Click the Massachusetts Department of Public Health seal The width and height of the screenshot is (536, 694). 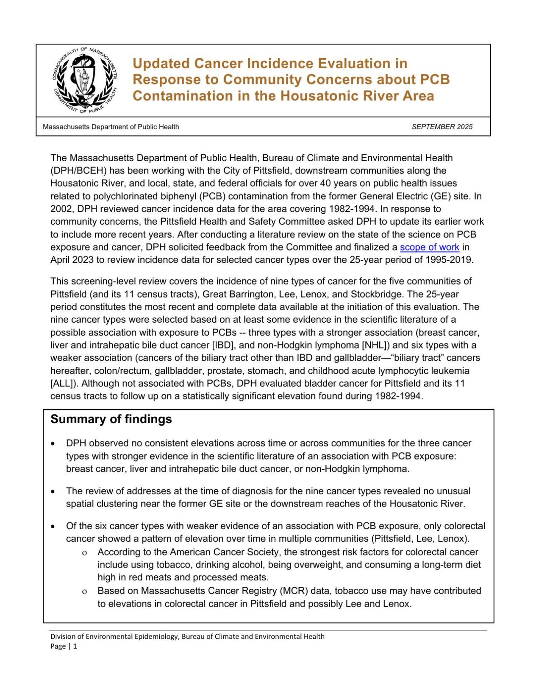click(84, 80)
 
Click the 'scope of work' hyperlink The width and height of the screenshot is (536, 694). click(429, 247)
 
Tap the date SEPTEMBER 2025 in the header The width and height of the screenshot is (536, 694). click(442, 127)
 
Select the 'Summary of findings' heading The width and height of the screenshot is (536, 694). click(111, 419)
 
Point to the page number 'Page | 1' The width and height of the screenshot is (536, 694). click(64, 646)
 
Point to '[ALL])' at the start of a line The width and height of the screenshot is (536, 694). click(64, 384)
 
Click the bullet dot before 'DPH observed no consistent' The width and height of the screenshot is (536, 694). click(53, 443)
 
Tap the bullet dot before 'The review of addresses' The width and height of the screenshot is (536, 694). click(53, 491)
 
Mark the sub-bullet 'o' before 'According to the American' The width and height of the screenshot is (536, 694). click(85, 552)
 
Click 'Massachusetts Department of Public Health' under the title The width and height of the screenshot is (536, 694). click(111, 127)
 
